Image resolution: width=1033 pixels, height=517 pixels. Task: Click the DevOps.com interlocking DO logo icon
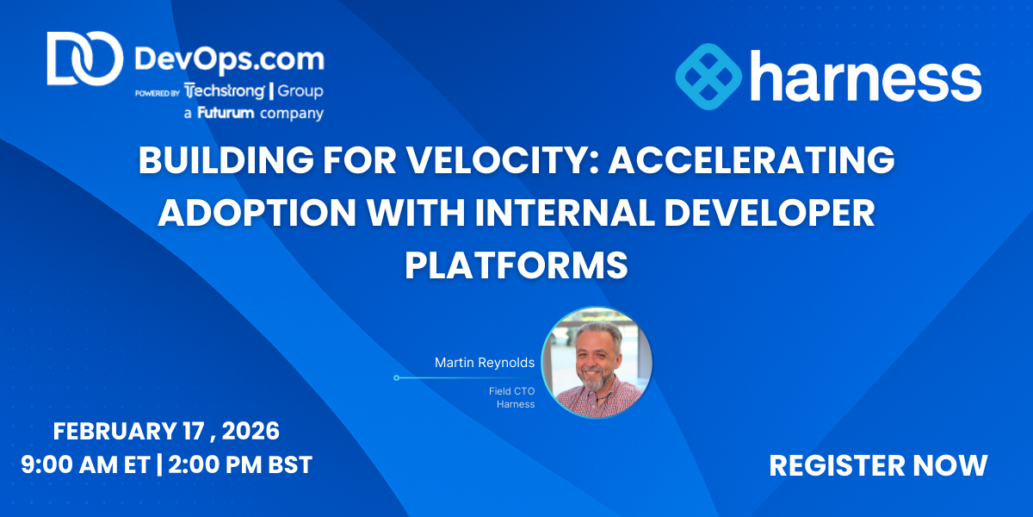point(85,59)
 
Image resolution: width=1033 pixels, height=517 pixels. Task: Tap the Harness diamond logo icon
point(708,77)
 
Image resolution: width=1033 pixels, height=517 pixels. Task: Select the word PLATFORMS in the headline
point(516,265)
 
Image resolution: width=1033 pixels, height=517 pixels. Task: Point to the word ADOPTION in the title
point(257,213)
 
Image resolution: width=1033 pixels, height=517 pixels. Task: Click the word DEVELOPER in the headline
point(770,213)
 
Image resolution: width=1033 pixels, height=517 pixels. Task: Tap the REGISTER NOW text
point(878,465)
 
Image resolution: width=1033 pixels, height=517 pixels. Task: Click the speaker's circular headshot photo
point(597,363)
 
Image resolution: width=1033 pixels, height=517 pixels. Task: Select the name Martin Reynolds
point(485,363)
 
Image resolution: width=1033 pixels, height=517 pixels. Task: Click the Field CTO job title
point(512,391)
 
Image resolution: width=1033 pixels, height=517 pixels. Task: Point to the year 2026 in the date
point(251,431)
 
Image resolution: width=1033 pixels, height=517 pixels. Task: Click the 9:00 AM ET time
point(86,464)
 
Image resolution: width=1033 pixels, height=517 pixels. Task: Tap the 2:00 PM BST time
point(240,464)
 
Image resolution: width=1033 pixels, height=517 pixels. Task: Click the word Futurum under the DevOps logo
point(226,113)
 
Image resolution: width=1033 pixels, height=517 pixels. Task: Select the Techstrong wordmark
point(225,91)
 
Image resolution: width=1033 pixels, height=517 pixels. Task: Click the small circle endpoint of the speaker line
point(396,378)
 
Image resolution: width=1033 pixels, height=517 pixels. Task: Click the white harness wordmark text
point(866,76)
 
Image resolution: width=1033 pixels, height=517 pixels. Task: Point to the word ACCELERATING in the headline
point(752,160)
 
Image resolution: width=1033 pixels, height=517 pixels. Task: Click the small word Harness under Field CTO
point(516,404)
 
